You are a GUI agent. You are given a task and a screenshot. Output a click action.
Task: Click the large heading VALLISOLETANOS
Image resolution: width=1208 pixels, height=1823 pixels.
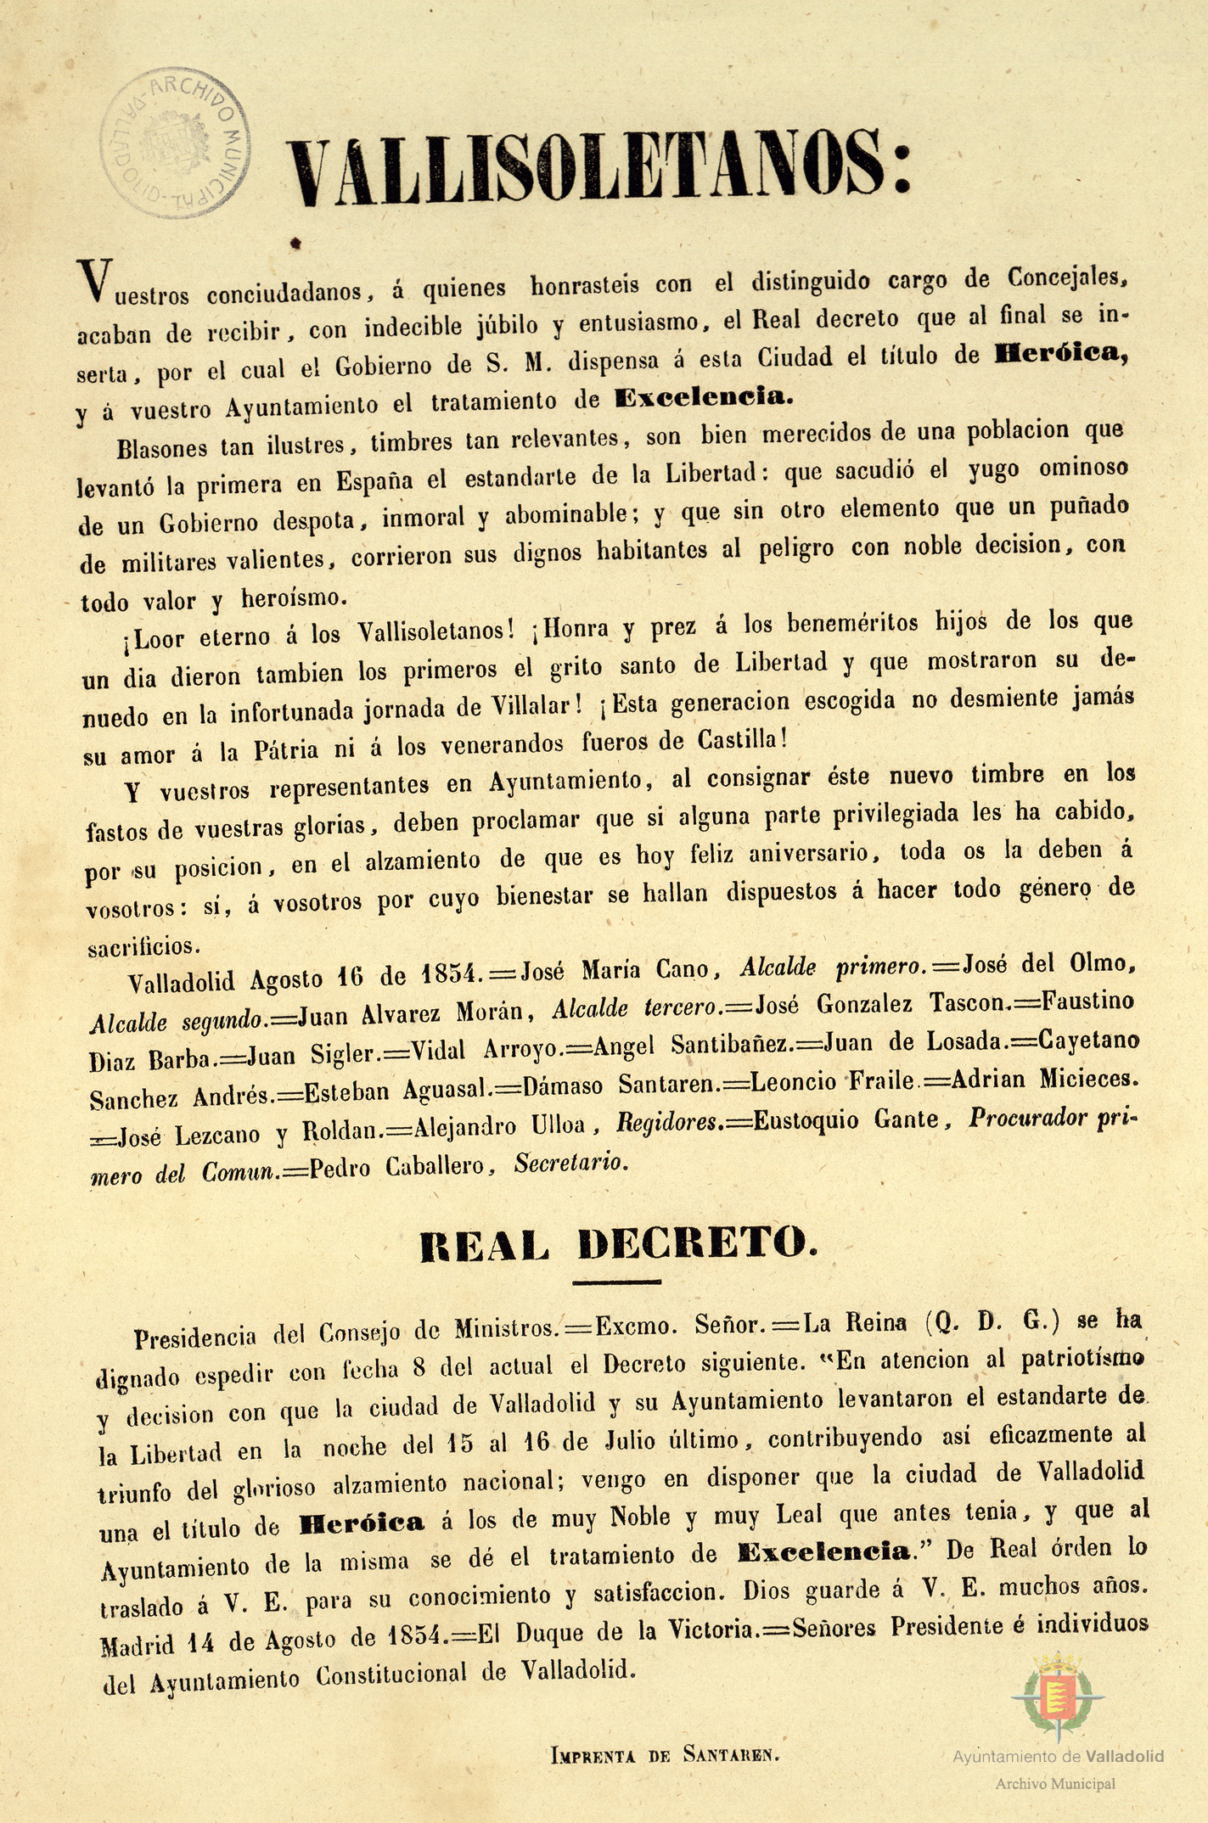tap(599, 168)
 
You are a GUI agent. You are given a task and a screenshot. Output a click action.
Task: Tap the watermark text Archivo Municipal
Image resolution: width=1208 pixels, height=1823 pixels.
tap(1055, 1784)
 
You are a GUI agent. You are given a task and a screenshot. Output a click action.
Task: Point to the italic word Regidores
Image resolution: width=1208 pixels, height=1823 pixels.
tap(671, 1125)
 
